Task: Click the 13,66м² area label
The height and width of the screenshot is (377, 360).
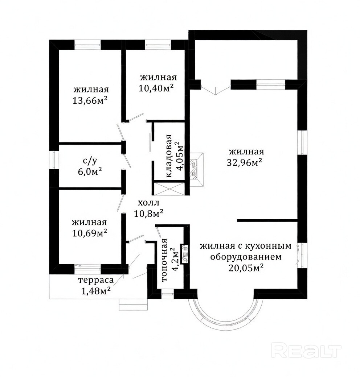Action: (x=90, y=100)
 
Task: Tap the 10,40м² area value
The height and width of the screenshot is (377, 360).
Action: (x=156, y=88)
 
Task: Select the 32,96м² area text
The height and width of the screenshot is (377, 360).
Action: (x=245, y=163)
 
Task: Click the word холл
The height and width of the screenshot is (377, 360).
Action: (x=148, y=203)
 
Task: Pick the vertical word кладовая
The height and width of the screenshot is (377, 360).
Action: (x=169, y=156)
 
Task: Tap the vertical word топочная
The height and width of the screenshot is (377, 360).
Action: (x=164, y=260)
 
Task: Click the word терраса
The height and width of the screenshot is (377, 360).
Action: (x=96, y=280)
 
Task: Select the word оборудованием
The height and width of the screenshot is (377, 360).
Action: (x=246, y=257)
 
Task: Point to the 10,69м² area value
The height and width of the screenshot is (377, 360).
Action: (x=90, y=233)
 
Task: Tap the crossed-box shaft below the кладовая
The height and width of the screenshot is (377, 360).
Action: (x=169, y=189)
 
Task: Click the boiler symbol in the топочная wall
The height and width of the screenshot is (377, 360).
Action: (x=185, y=254)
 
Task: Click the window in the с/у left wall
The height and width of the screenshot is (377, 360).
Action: (x=54, y=160)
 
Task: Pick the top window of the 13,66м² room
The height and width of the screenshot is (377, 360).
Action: (x=87, y=45)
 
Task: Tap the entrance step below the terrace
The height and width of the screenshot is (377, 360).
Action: (x=133, y=304)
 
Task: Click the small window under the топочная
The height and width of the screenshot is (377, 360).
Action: (x=167, y=294)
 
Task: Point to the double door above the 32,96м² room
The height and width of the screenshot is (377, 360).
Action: (x=216, y=91)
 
